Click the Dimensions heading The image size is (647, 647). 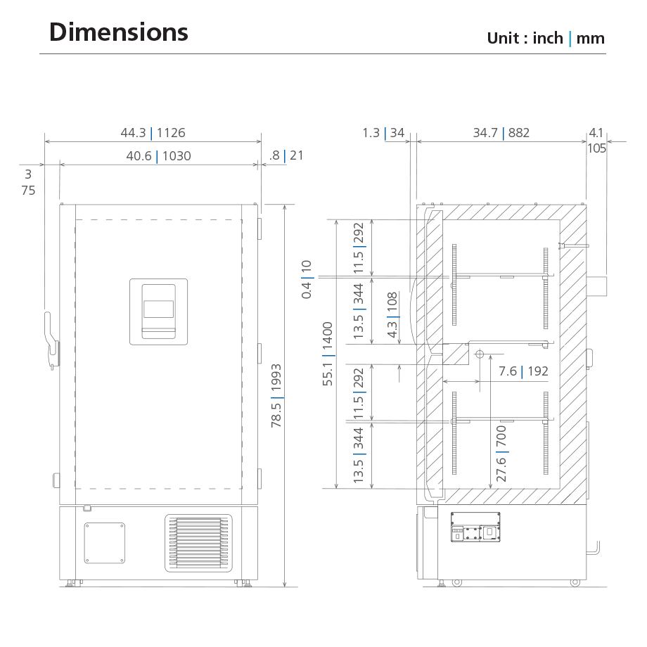click(118, 32)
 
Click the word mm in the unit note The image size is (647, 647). click(591, 39)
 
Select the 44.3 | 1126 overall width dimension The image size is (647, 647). click(153, 133)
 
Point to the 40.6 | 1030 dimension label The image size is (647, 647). click(158, 156)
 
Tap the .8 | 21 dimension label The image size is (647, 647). click(286, 155)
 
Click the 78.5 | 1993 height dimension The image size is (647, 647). click(276, 395)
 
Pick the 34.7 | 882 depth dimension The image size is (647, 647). click(501, 133)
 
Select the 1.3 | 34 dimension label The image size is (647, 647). click(383, 133)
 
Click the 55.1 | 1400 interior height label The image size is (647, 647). click(328, 354)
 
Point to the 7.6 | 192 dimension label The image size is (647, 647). click(523, 371)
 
